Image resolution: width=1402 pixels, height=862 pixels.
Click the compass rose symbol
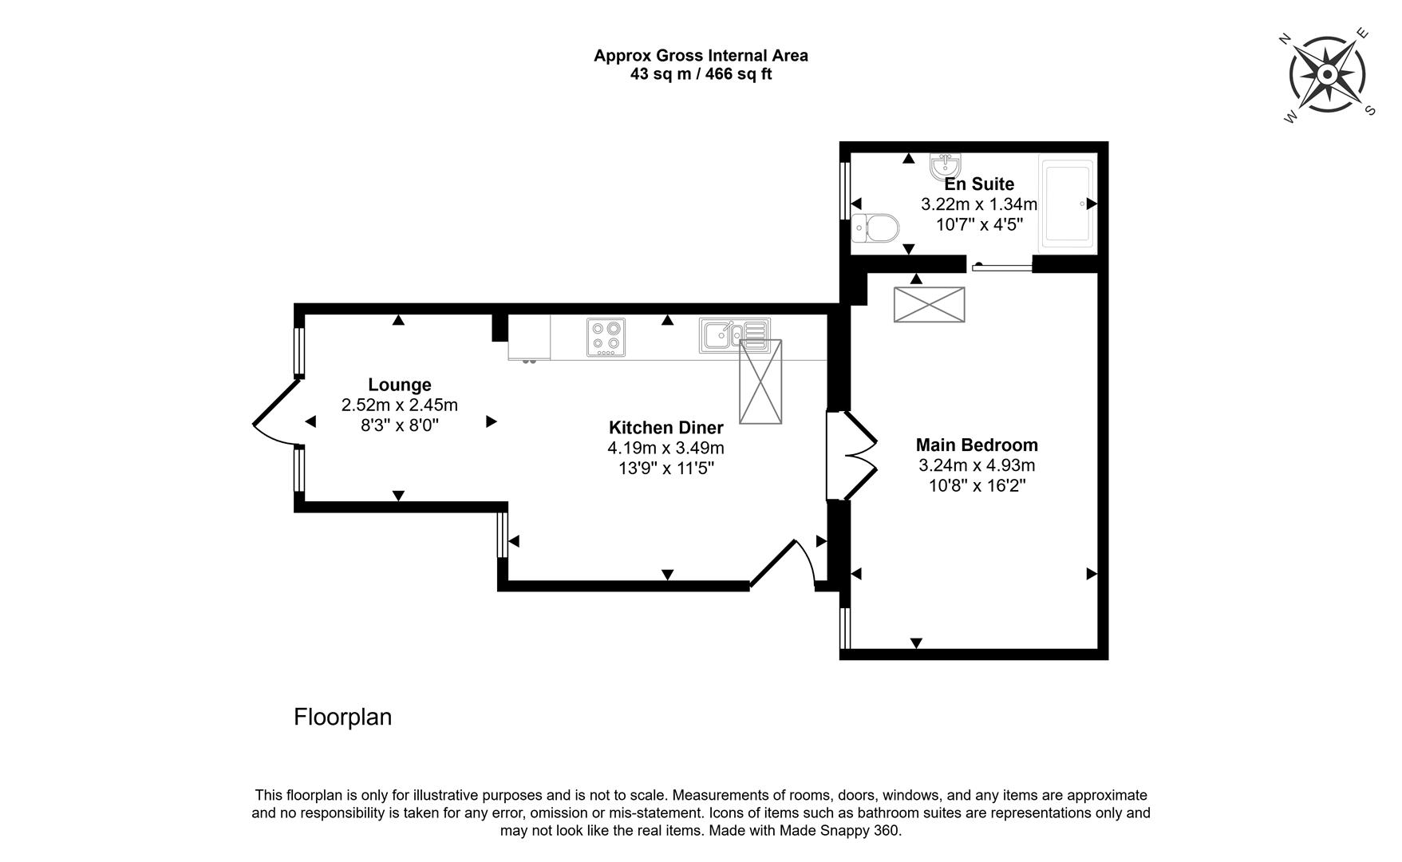point(1326,75)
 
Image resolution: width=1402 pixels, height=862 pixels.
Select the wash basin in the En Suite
point(946,167)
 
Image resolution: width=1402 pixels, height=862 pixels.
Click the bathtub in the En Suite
point(1068,203)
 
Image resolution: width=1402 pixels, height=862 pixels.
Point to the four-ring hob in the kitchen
point(606,337)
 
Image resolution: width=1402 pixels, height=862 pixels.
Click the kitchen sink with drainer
point(734,335)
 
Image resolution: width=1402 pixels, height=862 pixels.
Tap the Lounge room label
point(399,385)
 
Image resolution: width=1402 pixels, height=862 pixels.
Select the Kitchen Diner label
point(665,427)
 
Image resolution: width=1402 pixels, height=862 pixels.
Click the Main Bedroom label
point(977,445)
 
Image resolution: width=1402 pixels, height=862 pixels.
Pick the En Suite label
point(979,184)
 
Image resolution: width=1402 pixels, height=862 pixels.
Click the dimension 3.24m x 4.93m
point(977,465)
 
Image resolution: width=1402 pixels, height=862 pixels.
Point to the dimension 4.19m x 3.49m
point(665,448)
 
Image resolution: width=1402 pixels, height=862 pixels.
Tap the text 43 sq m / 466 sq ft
point(701,74)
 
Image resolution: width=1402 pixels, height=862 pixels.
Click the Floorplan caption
point(342,717)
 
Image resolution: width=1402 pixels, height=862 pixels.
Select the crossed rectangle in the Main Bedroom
point(929,304)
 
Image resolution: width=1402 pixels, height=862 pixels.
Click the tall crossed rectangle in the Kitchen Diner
point(760,382)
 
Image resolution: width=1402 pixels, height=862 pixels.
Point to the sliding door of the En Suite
point(1001,267)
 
